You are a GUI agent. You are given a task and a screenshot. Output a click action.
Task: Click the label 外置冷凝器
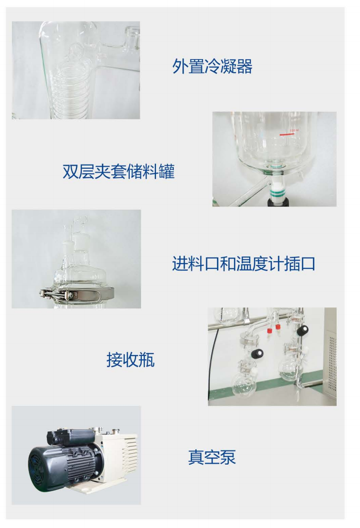(212, 66)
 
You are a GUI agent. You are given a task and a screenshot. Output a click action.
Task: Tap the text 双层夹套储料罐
(119, 171)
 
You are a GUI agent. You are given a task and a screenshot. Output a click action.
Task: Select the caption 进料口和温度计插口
(244, 263)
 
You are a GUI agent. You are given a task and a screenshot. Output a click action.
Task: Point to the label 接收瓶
(131, 360)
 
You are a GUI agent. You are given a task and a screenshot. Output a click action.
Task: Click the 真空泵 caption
(212, 457)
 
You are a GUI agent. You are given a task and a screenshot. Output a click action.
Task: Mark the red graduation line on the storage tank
(287, 135)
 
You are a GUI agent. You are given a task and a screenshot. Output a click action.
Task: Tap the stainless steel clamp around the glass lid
(77, 294)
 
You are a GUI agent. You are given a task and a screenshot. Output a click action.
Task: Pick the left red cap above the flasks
(269, 330)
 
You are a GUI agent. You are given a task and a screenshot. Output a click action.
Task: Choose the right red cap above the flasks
(278, 327)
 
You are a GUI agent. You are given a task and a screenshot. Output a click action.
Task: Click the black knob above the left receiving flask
(257, 353)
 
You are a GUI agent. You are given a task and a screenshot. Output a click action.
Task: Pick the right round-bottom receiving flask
(290, 370)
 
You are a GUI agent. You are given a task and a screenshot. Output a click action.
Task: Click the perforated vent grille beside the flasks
(332, 363)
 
